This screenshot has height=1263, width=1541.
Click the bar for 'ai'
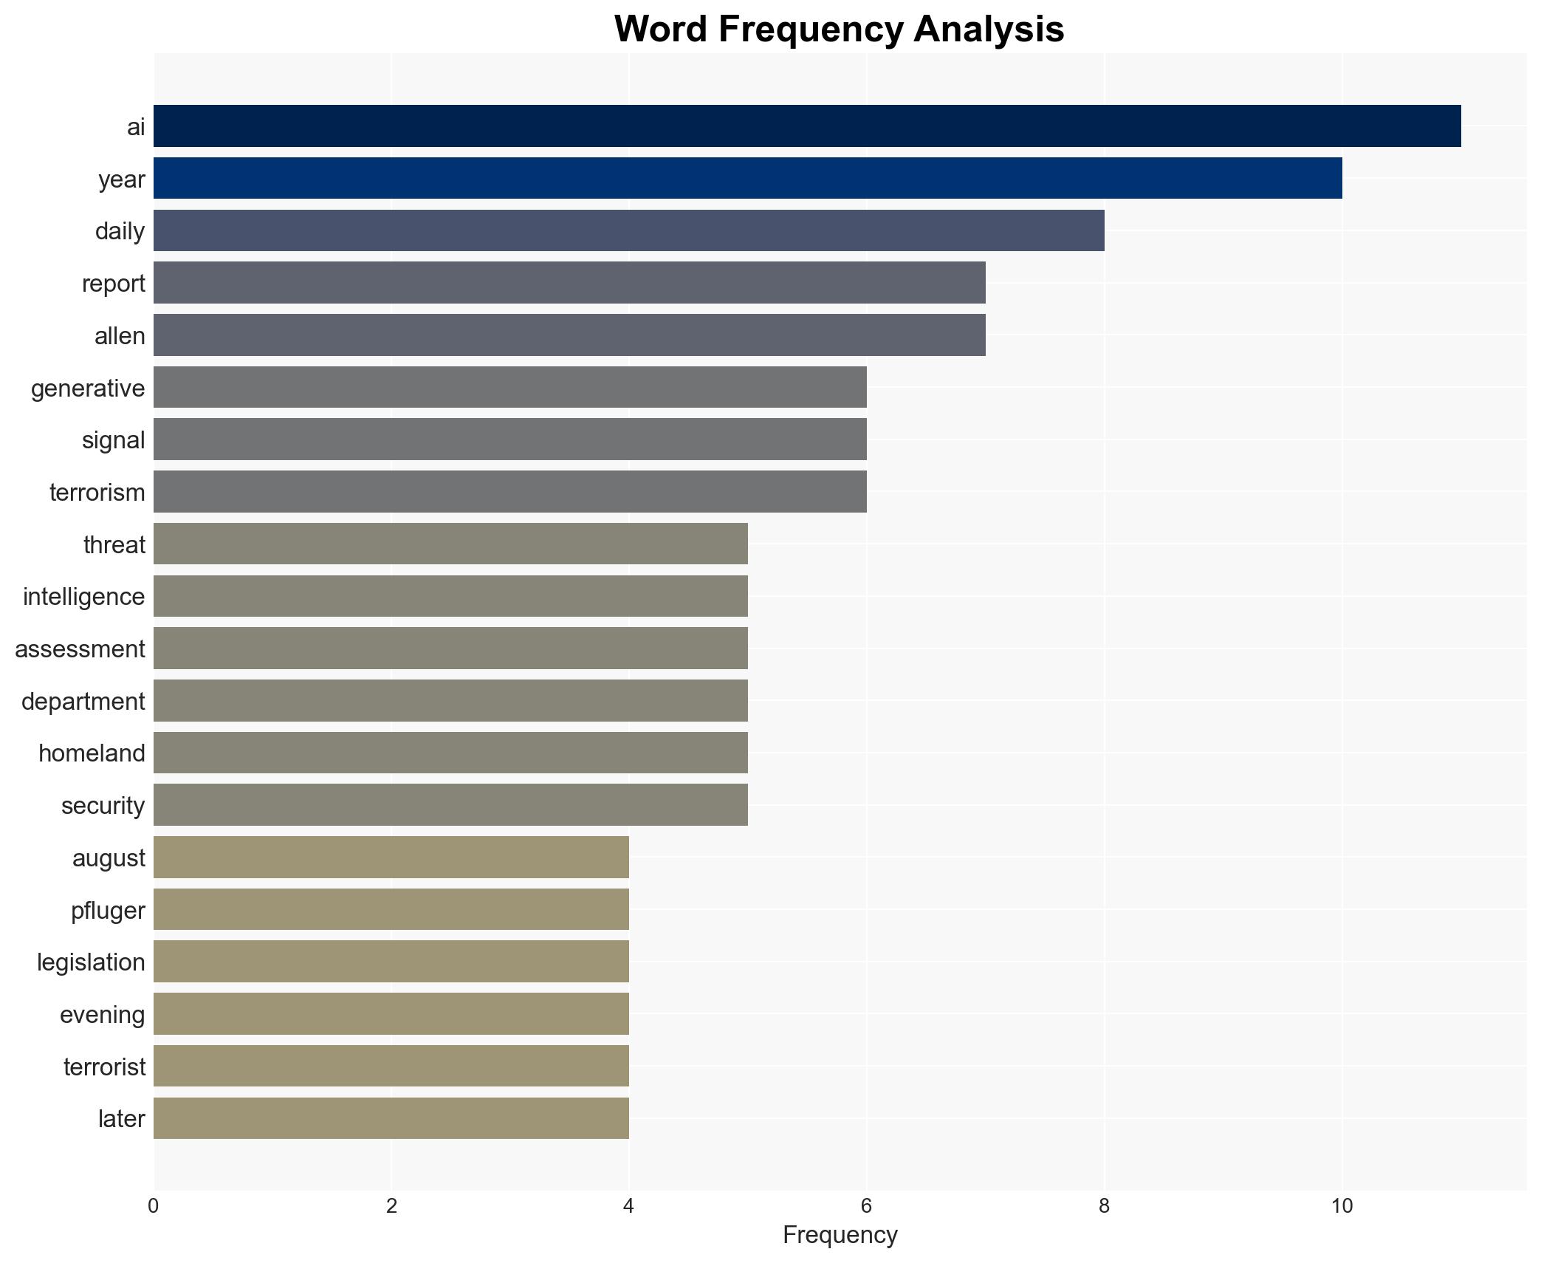(x=806, y=126)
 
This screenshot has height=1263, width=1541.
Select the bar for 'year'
(x=747, y=179)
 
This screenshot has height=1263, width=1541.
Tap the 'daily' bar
(x=628, y=230)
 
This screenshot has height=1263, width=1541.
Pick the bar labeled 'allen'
(x=569, y=335)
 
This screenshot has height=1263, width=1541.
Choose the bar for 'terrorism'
(x=509, y=492)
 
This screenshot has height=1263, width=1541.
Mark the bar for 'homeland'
(x=450, y=753)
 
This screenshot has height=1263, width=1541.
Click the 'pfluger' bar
(x=391, y=910)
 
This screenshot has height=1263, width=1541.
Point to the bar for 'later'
(x=391, y=1118)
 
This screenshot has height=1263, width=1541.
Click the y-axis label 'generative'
(x=88, y=389)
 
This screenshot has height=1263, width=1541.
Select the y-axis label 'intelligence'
(x=83, y=597)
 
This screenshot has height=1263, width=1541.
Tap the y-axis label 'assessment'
(x=80, y=649)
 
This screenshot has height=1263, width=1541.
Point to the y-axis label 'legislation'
(x=91, y=962)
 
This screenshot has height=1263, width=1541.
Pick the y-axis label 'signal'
(x=113, y=440)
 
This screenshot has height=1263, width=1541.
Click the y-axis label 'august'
(x=109, y=858)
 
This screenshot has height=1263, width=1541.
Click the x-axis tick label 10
(x=1342, y=1206)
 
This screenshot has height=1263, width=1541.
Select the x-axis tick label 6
(x=866, y=1206)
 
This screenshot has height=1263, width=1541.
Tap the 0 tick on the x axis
(x=153, y=1206)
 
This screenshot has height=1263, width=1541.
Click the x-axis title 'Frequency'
(x=840, y=1235)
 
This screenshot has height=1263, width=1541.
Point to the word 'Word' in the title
(x=660, y=30)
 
